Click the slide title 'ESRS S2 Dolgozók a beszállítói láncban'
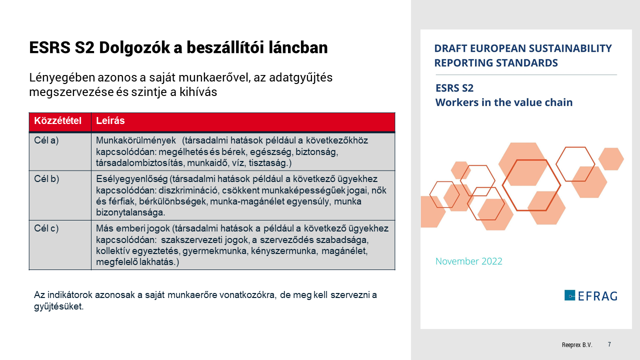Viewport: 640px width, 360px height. [178, 47]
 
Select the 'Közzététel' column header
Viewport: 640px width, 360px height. [57, 121]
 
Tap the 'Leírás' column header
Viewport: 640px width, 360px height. [110, 121]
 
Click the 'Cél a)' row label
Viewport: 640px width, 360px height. [46, 140]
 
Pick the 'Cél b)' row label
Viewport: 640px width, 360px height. [46, 179]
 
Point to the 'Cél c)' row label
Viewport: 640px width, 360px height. [46, 228]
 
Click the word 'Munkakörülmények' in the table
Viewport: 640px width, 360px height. [135, 140]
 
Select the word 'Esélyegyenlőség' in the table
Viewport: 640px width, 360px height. [132, 179]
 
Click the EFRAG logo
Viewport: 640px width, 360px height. [590, 295]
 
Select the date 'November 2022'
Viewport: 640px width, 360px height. [468, 261]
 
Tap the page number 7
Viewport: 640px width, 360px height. [609, 344]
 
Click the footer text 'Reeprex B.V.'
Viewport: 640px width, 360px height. [576, 345]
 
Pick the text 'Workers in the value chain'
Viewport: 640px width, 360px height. [503, 102]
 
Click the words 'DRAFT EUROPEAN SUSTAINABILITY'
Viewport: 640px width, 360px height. [522, 48]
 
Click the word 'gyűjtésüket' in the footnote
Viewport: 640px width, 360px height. [58, 306]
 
